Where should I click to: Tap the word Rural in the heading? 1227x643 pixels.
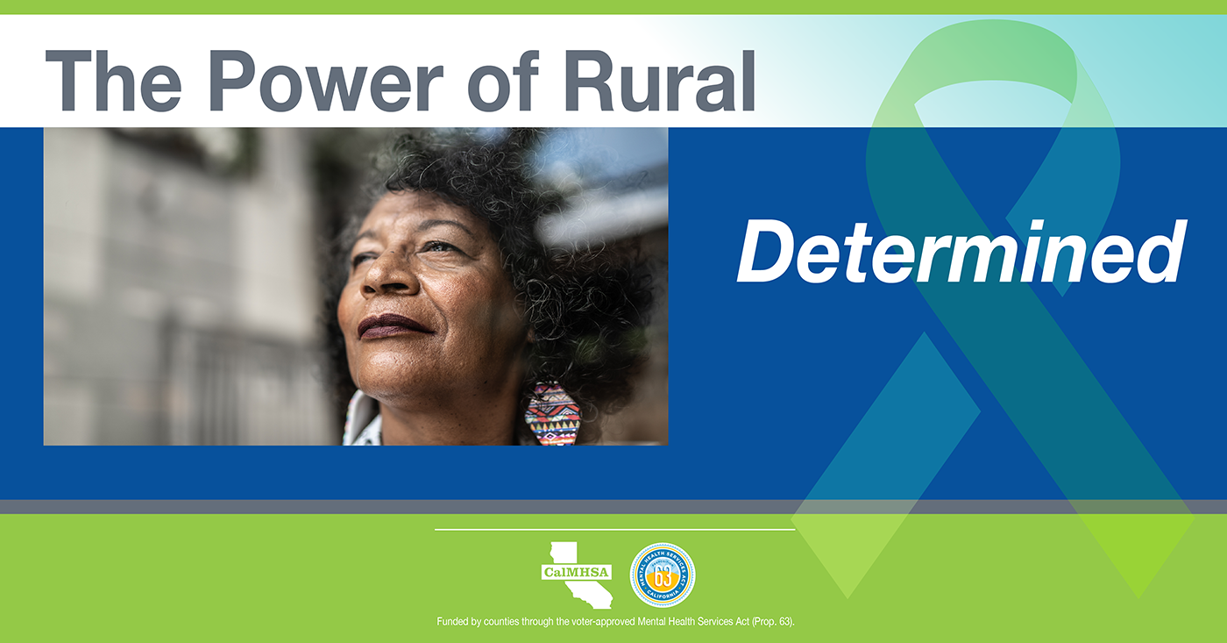pos(659,81)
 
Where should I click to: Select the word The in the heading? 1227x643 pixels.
pos(113,81)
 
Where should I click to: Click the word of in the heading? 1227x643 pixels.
pos(503,81)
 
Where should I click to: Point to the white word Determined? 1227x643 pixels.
pos(961,251)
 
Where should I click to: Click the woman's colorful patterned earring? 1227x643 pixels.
pos(552,413)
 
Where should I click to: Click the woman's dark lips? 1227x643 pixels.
pos(394,326)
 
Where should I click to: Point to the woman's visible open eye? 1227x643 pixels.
pos(442,247)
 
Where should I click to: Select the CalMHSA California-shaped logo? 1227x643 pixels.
pos(578,575)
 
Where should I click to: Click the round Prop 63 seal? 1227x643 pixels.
pos(663,575)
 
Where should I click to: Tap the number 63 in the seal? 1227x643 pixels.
pos(663,577)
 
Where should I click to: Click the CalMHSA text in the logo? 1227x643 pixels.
pos(577,572)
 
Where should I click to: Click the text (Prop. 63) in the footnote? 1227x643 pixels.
pos(773,622)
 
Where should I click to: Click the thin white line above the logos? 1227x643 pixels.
pos(614,530)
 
